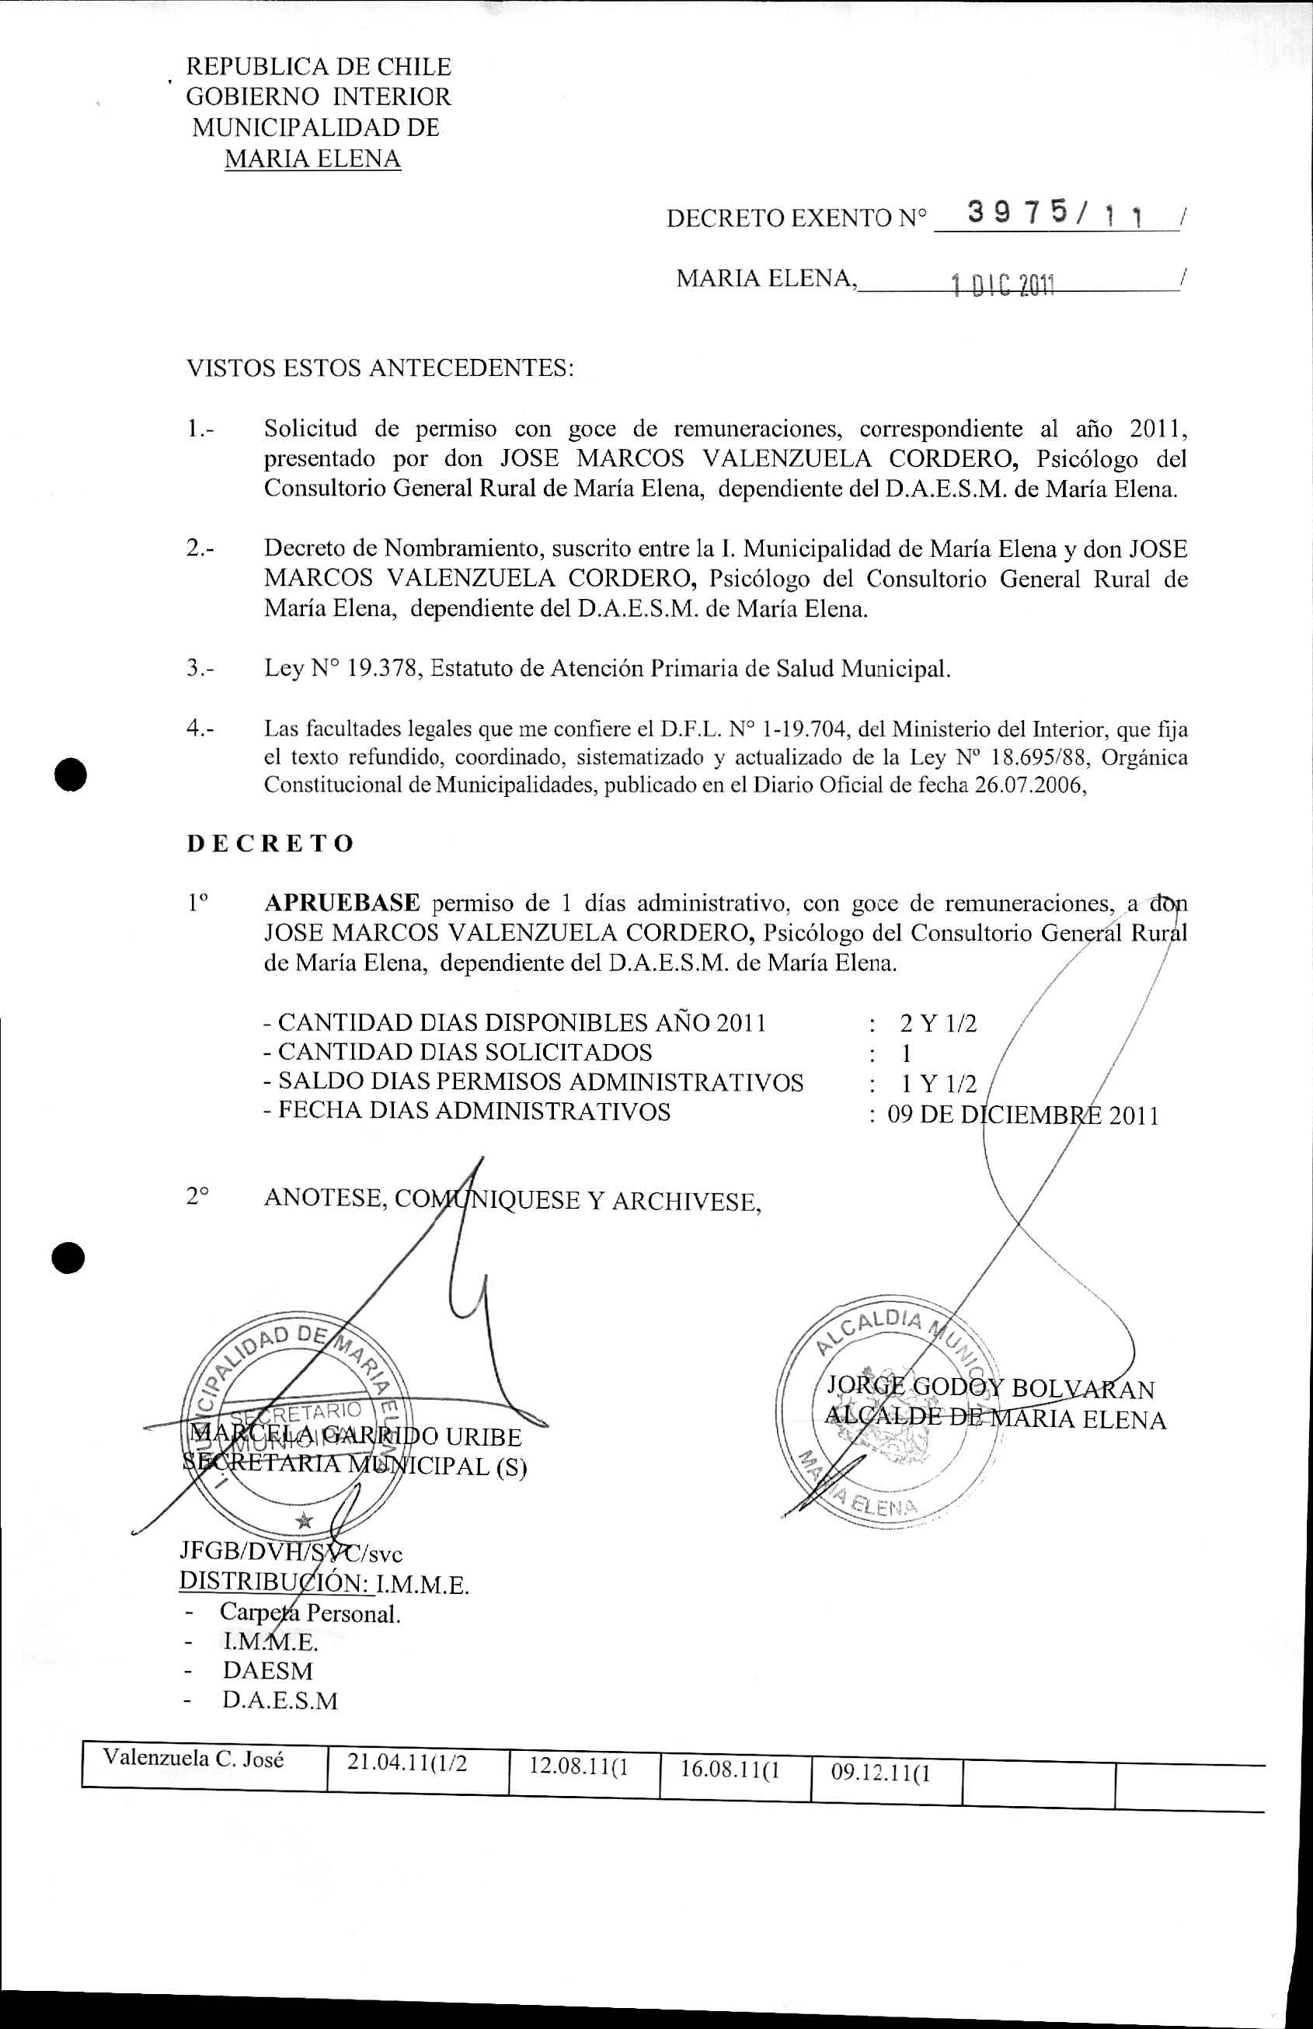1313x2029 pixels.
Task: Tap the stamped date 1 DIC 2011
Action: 1004,286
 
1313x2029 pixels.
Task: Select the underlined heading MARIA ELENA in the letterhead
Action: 312,158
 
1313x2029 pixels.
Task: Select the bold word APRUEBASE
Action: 342,902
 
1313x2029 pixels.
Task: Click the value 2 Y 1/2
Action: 938,1023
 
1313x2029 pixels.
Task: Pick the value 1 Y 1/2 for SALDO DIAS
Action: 939,1084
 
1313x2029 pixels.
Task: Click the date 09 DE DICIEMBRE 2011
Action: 1022,1115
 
